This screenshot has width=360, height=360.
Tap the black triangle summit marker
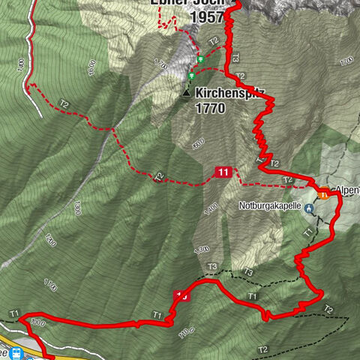click(186, 93)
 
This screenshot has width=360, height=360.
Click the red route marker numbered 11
click(223, 172)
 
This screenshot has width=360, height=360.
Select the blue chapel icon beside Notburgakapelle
click(307, 208)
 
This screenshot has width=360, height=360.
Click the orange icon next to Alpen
click(322, 194)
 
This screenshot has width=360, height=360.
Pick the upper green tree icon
click(200, 59)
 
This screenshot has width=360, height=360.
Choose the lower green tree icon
click(192, 76)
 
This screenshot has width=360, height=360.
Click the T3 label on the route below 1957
click(235, 57)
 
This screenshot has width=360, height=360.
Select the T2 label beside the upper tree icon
click(214, 41)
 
